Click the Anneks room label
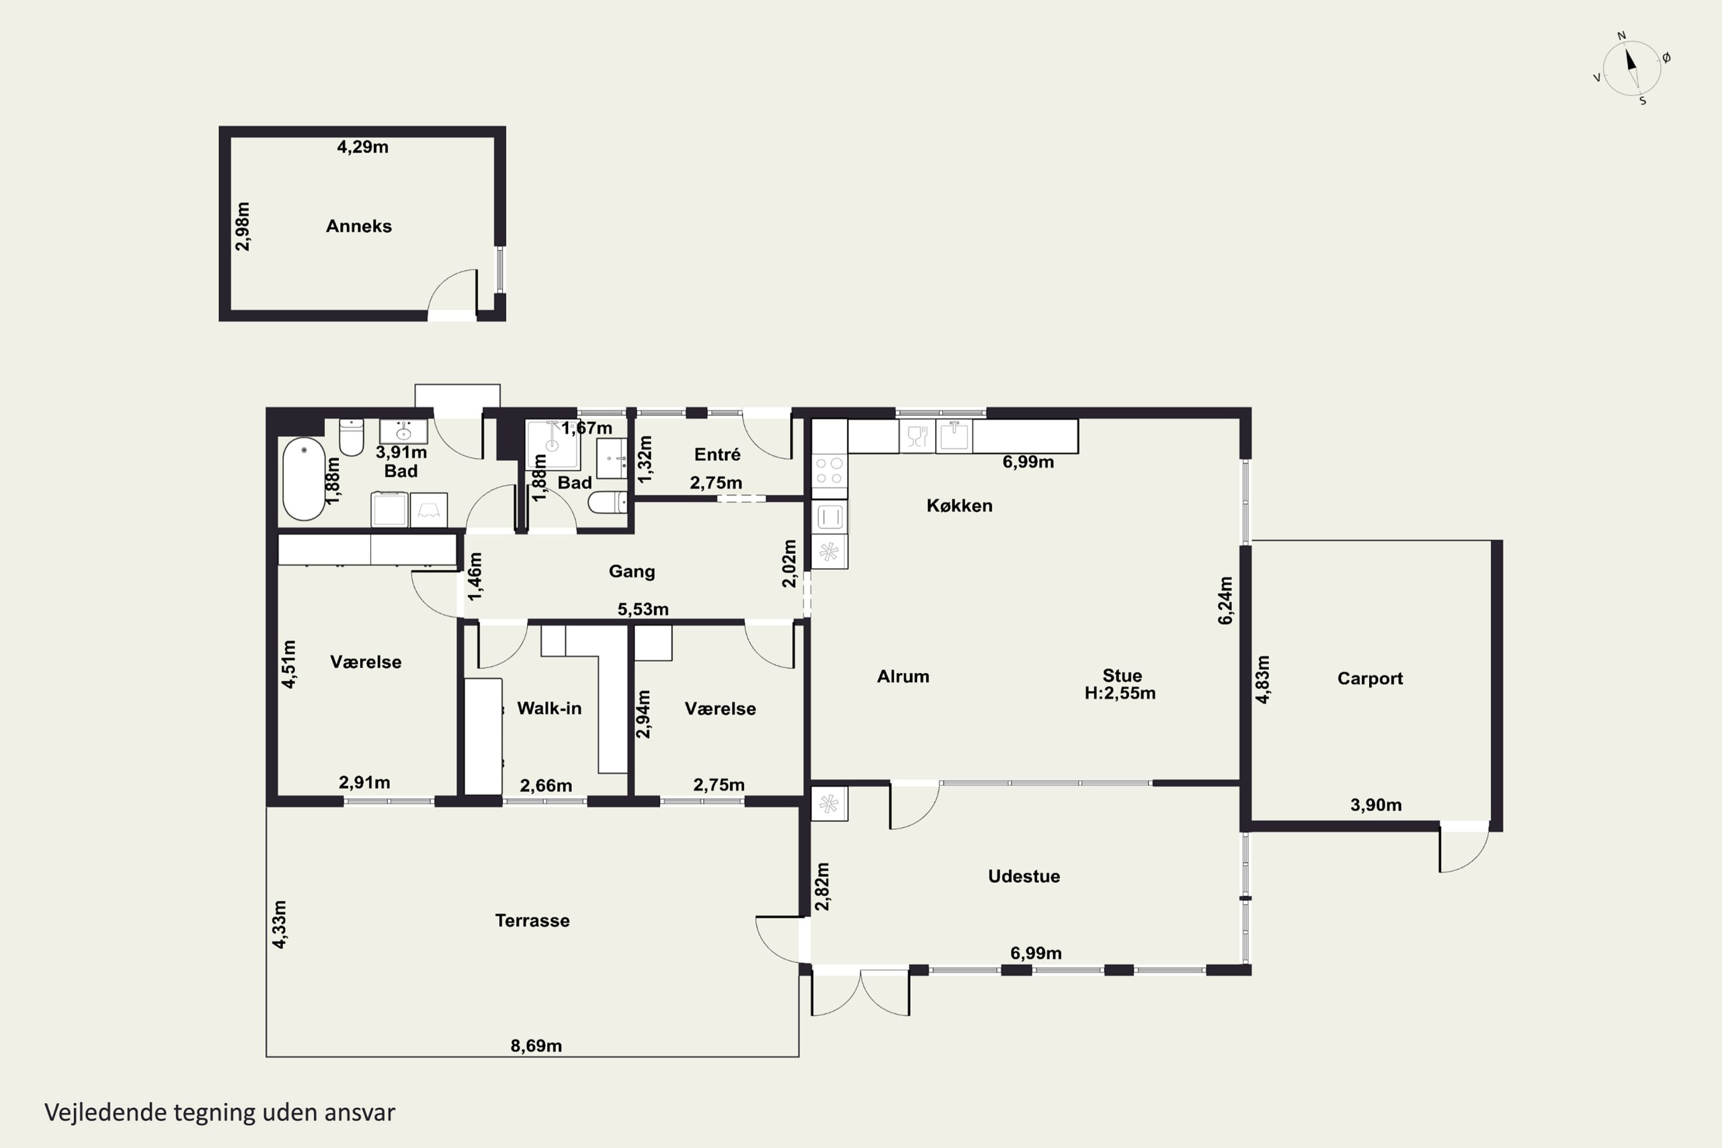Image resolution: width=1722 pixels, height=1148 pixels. tap(359, 226)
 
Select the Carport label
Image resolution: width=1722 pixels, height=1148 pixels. tap(1370, 678)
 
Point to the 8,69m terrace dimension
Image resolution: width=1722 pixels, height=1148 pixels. tap(536, 1045)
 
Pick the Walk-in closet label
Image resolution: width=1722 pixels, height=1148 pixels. tap(549, 708)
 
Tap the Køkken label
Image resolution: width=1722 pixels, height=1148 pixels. tap(959, 505)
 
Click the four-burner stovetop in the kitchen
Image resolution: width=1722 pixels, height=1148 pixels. tap(829, 471)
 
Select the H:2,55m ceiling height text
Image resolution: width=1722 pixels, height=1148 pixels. tap(1120, 693)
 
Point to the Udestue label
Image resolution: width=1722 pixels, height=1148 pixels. tap(1023, 876)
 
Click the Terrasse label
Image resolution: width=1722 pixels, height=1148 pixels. tap(532, 920)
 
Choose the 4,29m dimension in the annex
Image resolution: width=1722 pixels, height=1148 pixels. tap(362, 147)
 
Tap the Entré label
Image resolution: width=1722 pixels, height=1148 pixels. tap(717, 455)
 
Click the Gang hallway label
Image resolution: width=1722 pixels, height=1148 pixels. tap(632, 572)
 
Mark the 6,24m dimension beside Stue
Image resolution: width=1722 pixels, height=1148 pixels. tap(1225, 600)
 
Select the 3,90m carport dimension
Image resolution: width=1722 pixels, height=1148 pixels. tap(1376, 805)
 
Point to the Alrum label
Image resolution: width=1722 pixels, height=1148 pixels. tap(903, 677)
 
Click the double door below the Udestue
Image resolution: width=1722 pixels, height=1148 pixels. tap(860, 994)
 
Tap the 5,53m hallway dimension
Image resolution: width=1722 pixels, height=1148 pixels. tap(643, 609)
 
